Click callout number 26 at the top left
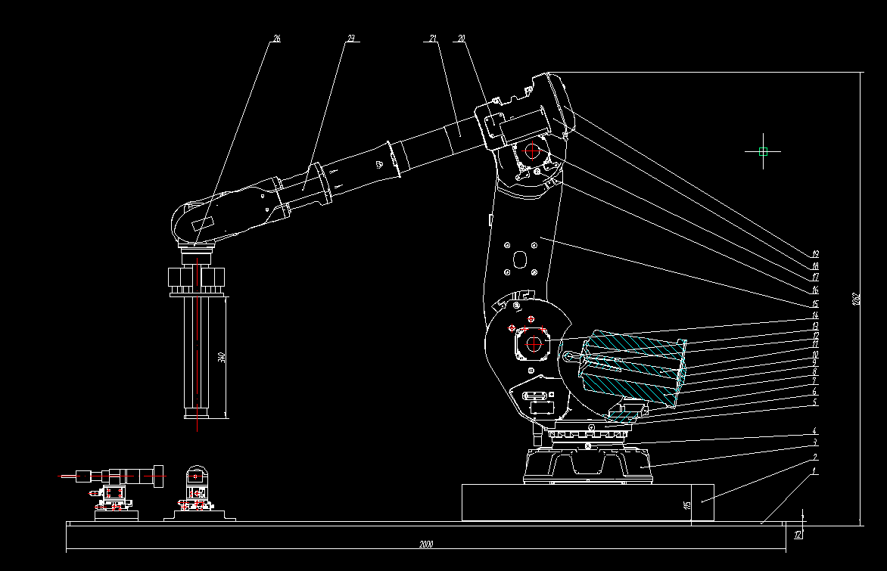pyautogui.click(x=276, y=38)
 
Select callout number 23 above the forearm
pyautogui.click(x=350, y=38)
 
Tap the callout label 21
pyautogui.click(x=433, y=38)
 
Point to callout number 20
pyautogui.click(x=461, y=38)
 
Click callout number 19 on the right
pyautogui.click(x=815, y=254)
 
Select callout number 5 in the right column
pyautogui.click(x=815, y=403)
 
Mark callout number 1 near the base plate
pyautogui.click(x=814, y=470)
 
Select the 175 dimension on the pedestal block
pyautogui.click(x=687, y=503)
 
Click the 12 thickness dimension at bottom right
pyautogui.click(x=798, y=535)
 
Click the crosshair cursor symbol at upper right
pyautogui.click(x=763, y=151)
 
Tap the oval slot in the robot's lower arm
pyautogui.click(x=520, y=259)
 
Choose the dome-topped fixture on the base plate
pyautogui.click(x=196, y=477)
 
